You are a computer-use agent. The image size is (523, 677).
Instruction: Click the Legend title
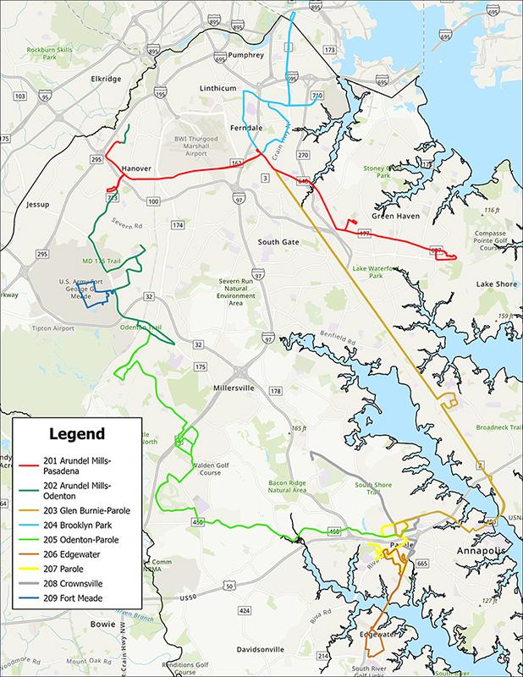[x=77, y=434]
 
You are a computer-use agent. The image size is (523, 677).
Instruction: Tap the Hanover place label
[x=136, y=168]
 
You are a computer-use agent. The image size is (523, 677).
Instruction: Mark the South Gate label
[x=278, y=242]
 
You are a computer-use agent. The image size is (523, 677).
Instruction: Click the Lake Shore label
[x=496, y=283]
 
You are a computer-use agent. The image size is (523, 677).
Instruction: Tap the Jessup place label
[x=38, y=205]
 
